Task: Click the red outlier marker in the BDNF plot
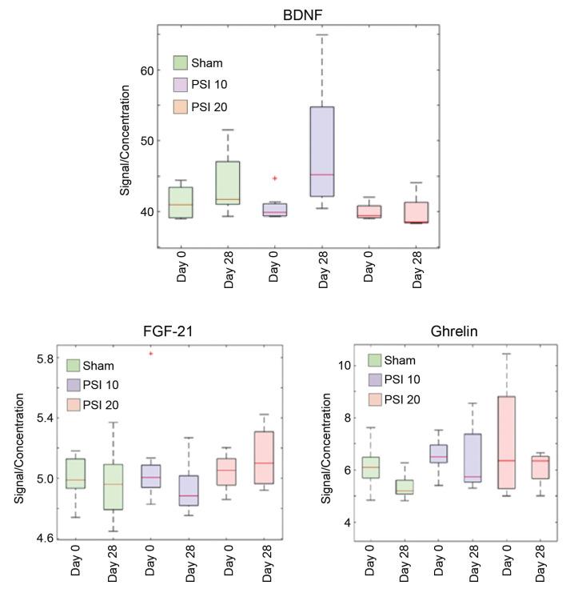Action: pyautogui.click(x=274, y=178)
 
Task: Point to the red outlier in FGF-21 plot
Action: pyautogui.click(x=149, y=353)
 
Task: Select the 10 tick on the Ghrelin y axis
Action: pyautogui.click(x=345, y=365)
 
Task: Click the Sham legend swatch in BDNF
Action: pyautogui.click(x=181, y=63)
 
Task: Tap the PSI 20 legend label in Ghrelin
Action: pyautogui.click(x=402, y=399)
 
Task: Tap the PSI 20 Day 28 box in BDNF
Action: pyautogui.click(x=417, y=212)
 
